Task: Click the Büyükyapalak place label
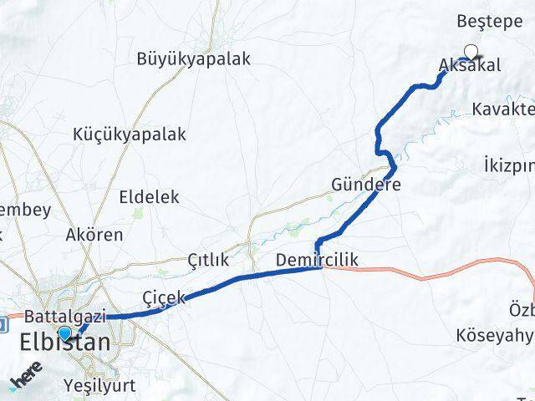194,59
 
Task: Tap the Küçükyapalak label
130,134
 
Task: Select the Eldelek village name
150,197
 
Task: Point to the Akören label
94,235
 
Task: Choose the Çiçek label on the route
164,297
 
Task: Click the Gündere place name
366,185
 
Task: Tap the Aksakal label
470,66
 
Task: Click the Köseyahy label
494,336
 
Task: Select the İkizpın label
508,165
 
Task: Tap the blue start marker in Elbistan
65,332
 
